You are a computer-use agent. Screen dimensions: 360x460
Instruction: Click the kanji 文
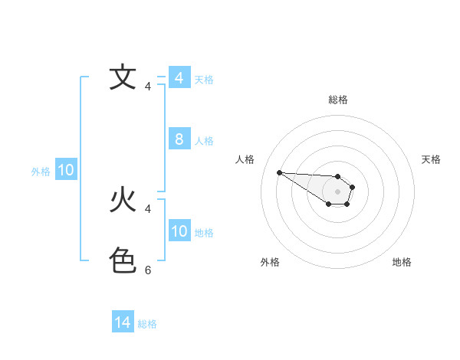pyautogui.click(x=123, y=77)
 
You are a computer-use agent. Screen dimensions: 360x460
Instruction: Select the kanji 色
pyautogui.click(x=123, y=261)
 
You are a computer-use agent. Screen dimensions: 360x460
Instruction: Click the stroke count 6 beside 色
pyautogui.click(x=148, y=270)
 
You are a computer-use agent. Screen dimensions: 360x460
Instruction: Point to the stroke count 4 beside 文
pyautogui.click(x=148, y=87)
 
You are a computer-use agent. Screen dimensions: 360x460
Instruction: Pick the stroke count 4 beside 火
pyautogui.click(x=148, y=208)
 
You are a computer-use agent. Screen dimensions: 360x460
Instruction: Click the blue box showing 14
pyautogui.click(x=123, y=322)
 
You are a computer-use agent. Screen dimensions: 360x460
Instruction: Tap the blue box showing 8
pyautogui.click(x=179, y=139)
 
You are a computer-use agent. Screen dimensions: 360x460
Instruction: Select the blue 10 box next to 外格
pyautogui.click(x=66, y=170)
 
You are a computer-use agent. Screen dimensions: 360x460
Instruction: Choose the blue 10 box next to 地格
pyautogui.click(x=179, y=231)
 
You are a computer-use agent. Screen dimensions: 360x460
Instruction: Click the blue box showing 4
pyautogui.click(x=179, y=78)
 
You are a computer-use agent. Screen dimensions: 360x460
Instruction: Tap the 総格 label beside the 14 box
pyautogui.click(x=147, y=323)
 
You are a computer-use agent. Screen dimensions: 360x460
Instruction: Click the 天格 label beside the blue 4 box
pyautogui.click(x=204, y=79)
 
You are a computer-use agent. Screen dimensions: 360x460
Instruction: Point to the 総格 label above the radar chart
pyautogui.click(x=338, y=100)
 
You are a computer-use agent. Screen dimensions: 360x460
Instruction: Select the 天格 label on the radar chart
pyautogui.click(x=432, y=159)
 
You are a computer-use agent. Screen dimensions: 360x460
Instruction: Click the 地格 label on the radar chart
pyautogui.click(x=402, y=262)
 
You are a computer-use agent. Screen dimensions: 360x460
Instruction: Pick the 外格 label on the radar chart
pyautogui.click(x=270, y=262)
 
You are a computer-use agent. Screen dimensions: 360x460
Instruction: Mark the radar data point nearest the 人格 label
pyautogui.click(x=279, y=172)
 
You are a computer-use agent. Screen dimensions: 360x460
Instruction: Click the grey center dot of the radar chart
pyautogui.click(x=338, y=191)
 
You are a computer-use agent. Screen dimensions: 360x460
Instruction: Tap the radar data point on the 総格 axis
pyautogui.click(x=338, y=176)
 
